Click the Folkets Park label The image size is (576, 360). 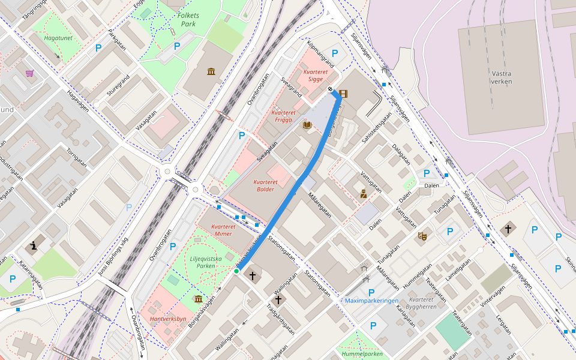[188, 20]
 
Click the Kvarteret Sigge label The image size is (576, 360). [316, 75]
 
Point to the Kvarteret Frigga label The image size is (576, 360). [283, 116]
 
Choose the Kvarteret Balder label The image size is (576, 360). [265, 185]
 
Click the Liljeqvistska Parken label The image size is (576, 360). [206, 262]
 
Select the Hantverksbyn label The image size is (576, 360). [168, 319]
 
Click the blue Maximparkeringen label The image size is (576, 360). [372, 300]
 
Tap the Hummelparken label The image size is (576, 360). [362, 354]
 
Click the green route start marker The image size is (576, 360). [236, 272]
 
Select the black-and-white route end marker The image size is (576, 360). [331, 91]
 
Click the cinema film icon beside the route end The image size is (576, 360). [343, 94]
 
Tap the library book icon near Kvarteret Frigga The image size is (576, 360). [307, 125]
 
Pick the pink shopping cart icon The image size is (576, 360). [29, 73]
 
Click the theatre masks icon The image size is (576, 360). [422, 236]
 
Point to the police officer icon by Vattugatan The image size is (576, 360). [363, 193]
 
